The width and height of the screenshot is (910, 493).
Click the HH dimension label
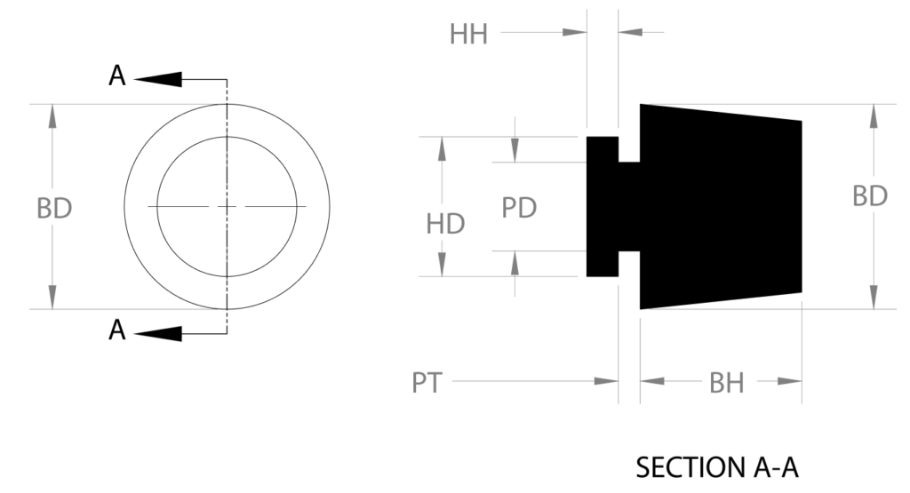point(468,35)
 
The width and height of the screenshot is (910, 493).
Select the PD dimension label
point(519,208)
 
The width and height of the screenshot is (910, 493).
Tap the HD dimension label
point(445,224)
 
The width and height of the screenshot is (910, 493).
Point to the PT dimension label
point(427,383)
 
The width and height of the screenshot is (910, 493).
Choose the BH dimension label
point(727,383)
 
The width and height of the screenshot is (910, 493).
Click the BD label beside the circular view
point(54,208)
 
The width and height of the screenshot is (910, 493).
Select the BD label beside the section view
point(869,196)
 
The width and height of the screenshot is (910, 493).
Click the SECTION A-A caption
point(717,467)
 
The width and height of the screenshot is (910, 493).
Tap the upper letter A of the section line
point(117,76)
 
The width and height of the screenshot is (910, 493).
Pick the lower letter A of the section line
point(117,330)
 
